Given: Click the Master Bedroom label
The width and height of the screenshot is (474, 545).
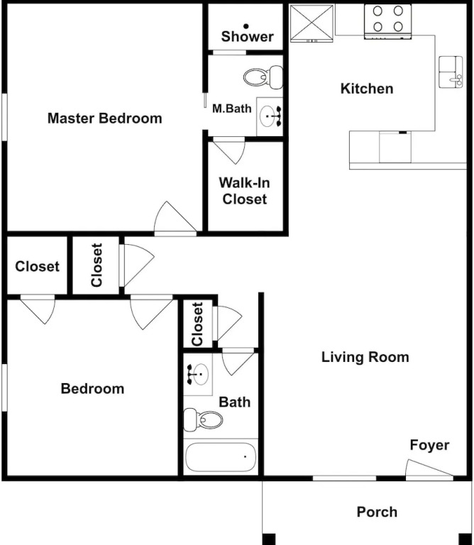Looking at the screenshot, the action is (104, 119).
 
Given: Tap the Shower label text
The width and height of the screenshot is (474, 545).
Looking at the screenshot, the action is (247, 36).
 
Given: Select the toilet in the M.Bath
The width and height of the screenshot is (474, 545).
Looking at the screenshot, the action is (263, 77).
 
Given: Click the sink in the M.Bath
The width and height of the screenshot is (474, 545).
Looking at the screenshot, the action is (270, 116).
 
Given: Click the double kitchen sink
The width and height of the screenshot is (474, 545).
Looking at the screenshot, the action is (451, 72).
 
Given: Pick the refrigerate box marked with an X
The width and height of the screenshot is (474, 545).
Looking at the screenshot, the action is (312, 23).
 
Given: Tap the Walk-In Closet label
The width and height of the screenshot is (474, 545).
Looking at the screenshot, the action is (245, 191).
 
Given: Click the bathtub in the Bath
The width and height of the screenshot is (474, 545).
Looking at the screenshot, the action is (221, 457).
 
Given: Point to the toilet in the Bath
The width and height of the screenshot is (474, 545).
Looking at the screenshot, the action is (203, 419).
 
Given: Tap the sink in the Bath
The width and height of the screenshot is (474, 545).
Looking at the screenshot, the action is (198, 375).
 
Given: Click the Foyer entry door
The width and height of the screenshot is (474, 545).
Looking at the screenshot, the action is (429, 468).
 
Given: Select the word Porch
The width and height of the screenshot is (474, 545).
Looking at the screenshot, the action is (377, 512).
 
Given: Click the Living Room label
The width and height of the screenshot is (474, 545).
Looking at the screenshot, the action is (365, 358).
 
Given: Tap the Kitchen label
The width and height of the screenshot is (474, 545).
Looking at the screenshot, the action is (367, 89).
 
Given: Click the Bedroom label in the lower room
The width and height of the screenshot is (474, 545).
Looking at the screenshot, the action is (92, 389).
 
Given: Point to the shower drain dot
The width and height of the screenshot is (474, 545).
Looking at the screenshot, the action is (246, 26).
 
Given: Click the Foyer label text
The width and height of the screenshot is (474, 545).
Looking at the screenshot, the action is (429, 445).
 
